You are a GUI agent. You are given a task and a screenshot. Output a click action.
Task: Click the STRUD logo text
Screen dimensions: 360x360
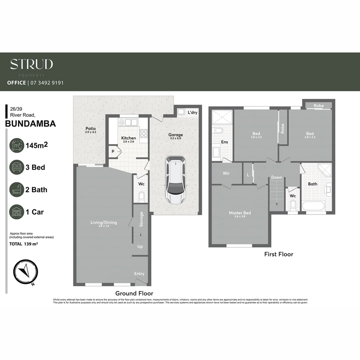coord(31,64)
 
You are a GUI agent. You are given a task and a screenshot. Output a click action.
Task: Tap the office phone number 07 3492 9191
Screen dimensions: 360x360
coord(47,83)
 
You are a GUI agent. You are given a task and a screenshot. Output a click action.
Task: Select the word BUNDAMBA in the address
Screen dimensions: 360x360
coord(31,124)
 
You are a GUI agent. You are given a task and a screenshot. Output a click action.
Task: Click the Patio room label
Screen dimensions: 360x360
coord(90,128)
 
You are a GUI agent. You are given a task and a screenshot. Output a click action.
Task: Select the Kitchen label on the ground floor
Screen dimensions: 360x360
coord(128,138)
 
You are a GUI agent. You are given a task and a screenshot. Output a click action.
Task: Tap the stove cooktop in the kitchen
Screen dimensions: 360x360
coord(144,133)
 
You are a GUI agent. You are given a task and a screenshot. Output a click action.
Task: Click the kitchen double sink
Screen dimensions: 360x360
coord(128,122)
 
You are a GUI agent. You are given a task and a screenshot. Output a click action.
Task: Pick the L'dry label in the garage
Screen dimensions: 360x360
coord(192,113)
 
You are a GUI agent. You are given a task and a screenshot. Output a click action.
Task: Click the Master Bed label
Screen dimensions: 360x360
coord(240,213)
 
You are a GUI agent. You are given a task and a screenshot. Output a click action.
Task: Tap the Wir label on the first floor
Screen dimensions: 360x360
coord(226,173)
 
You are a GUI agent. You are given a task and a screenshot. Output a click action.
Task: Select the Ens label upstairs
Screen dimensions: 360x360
coord(224,142)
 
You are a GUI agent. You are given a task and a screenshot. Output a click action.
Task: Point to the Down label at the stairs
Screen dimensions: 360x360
coord(276,177)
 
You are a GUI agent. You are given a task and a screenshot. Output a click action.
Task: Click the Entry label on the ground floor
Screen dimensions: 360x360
coord(139,274)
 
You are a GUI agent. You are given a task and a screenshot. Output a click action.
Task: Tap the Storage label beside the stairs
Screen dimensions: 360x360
coord(141,219)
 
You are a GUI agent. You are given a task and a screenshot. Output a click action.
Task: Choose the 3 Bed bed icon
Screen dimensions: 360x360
coord(17,167)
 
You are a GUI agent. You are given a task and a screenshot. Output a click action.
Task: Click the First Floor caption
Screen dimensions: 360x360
coord(279,254)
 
